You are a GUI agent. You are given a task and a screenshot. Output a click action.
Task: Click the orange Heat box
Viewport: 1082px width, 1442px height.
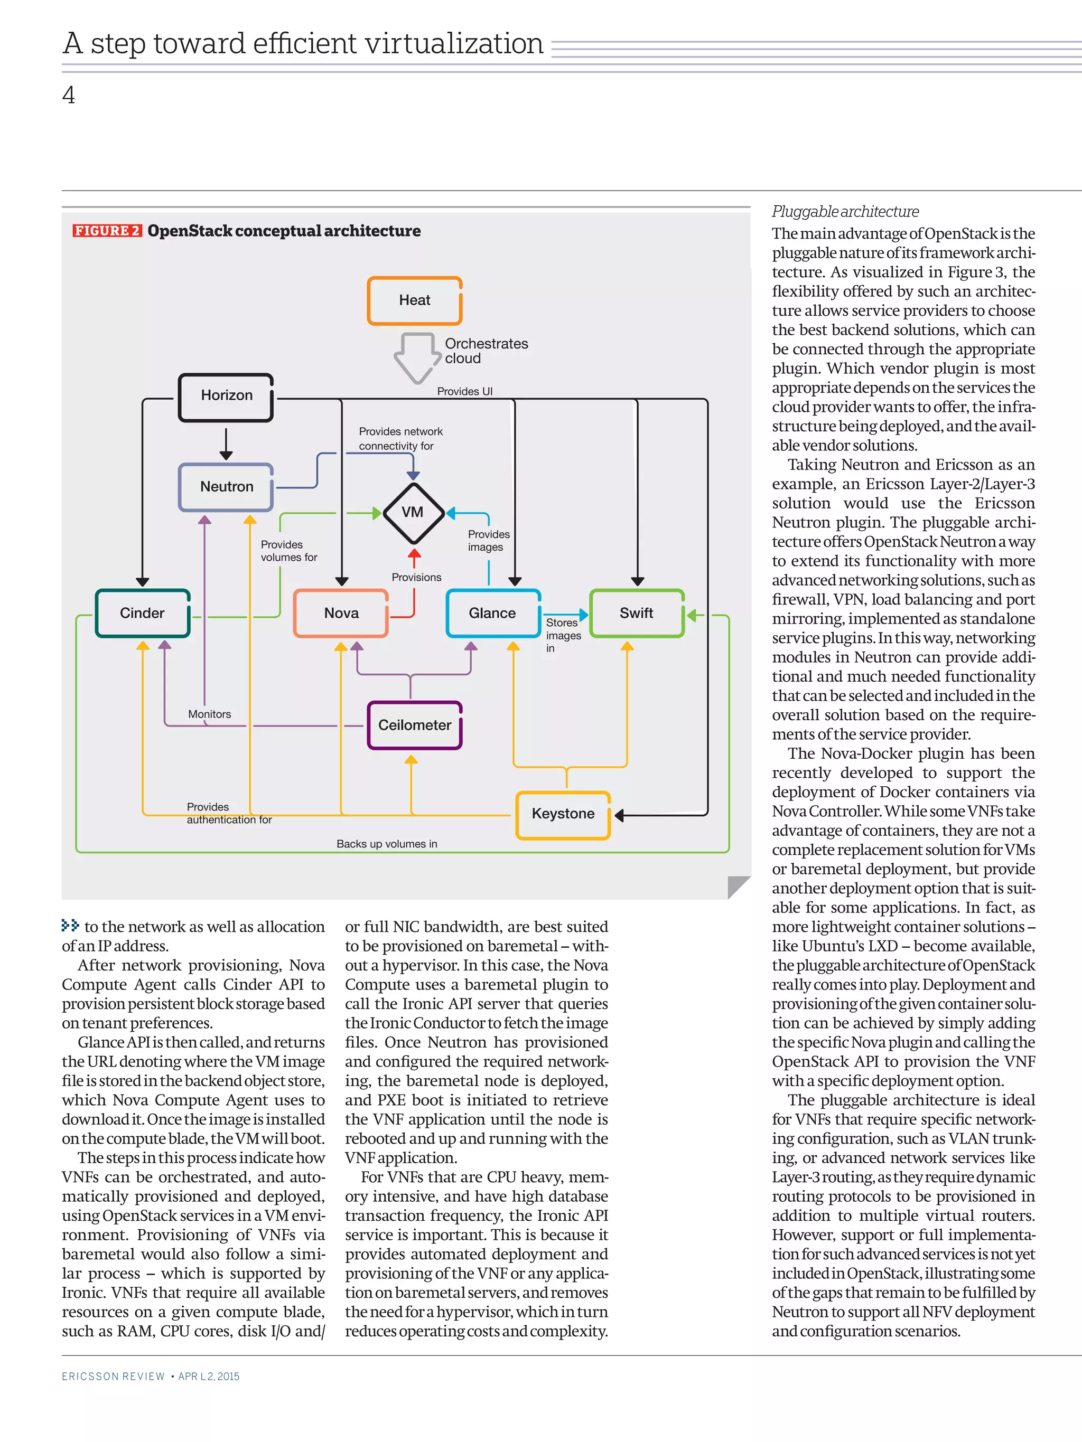click(x=415, y=300)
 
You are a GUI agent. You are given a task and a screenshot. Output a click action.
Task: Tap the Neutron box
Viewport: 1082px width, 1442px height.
click(x=226, y=487)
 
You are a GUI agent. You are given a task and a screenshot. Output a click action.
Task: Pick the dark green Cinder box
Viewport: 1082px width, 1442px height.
click(x=143, y=614)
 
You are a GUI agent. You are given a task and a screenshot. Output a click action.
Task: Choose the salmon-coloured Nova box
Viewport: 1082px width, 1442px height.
click(x=341, y=614)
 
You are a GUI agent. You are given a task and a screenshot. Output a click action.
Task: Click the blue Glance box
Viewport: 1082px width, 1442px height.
click(x=493, y=614)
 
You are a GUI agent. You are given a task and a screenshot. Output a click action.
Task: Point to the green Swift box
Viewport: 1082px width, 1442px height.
click(x=636, y=614)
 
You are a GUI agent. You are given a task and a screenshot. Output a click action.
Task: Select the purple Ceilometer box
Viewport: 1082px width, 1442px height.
click(x=415, y=725)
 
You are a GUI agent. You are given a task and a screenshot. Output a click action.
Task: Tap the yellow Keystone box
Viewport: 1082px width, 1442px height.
click(x=563, y=814)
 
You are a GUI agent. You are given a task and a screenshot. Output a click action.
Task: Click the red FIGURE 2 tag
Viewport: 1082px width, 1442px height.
click(x=107, y=231)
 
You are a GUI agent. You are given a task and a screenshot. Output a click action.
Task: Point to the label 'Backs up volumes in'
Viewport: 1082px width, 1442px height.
click(x=387, y=844)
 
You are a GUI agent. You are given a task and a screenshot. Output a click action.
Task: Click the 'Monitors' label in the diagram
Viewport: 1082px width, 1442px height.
click(x=209, y=714)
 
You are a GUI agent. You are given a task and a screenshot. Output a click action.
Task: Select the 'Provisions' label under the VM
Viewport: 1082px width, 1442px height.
click(x=416, y=578)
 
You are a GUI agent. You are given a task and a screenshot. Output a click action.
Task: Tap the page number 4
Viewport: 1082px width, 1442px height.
click(x=69, y=96)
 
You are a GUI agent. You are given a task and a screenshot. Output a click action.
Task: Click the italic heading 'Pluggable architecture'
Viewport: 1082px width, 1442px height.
click(x=845, y=212)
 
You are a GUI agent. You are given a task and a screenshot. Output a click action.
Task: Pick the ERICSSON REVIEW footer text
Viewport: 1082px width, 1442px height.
click(x=114, y=1376)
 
